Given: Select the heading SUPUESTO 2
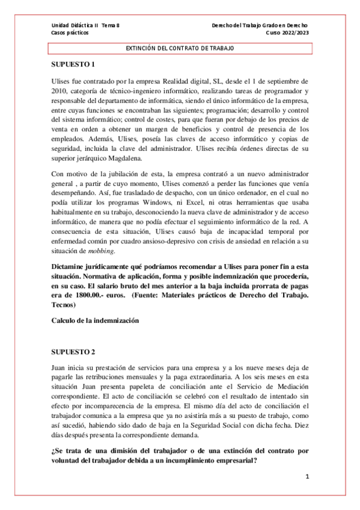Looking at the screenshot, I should click(74, 351).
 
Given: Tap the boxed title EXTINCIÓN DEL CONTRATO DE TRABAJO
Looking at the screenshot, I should click(180, 48).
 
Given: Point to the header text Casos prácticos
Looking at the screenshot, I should click(69, 33).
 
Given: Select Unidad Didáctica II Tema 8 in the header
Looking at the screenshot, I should click(86, 25).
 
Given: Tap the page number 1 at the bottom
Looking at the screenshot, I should click(307, 477).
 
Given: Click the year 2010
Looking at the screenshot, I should click(61, 90).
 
